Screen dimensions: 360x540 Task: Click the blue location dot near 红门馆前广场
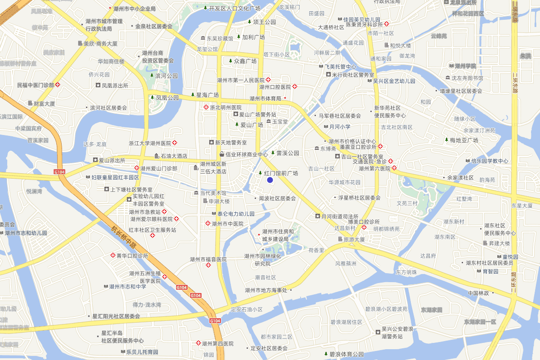pos(270,180)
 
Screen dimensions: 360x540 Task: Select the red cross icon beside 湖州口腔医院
pos(295,86)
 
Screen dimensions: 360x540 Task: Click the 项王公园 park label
pos(264,22)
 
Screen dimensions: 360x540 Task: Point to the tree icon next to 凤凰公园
pos(152,97)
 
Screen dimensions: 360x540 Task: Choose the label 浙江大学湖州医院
pos(150,143)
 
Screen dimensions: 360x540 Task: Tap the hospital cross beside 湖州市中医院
pos(208,223)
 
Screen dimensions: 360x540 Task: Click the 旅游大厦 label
pos(354,239)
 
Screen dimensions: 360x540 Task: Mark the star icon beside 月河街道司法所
pos(317,216)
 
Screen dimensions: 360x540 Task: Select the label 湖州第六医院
pos(374,169)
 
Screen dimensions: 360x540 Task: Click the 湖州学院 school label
pos(465,66)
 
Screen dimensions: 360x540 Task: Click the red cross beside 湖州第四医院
pos(198,343)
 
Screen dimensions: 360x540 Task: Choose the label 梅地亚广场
pos(463,140)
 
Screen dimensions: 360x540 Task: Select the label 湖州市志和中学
pos(128,286)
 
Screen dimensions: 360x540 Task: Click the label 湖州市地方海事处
pos(266,290)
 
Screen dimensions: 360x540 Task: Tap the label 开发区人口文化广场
pos(234,8)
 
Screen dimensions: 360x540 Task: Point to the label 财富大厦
pos(44,103)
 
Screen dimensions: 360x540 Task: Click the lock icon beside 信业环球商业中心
pos(221,154)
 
